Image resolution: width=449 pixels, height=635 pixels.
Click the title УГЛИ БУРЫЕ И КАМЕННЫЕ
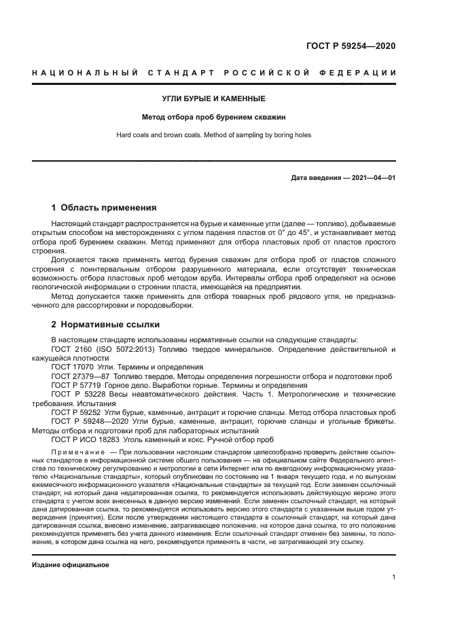pyautogui.click(x=214, y=98)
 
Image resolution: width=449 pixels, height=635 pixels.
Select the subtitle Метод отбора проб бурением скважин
pyautogui.click(x=214, y=117)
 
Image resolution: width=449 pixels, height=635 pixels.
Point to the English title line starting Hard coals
pyautogui.click(x=214, y=135)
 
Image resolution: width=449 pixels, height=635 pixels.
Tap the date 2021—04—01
pyautogui.click(x=371, y=178)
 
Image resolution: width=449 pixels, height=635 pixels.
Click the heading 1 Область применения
pyautogui.click(x=104, y=207)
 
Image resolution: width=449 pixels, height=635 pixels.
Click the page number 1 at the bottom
pyautogui.click(x=394, y=577)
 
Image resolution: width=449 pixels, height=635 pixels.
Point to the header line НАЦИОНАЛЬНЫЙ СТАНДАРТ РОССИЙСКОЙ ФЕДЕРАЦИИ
pyautogui.click(x=214, y=73)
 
